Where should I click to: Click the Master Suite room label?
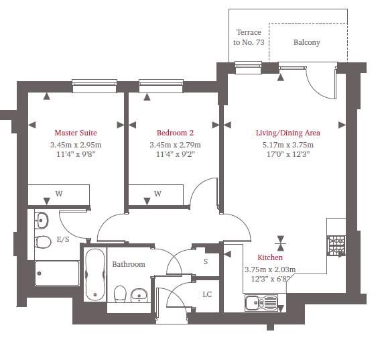(x=76, y=133)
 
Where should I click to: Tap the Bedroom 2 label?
(x=175, y=133)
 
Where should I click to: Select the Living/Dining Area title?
(x=287, y=133)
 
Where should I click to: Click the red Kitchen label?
(x=270, y=257)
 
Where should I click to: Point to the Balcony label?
(x=307, y=42)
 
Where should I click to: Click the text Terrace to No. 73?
(x=249, y=38)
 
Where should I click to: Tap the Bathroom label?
(x=129, y=264)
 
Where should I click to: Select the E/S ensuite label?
(x=63, y=239)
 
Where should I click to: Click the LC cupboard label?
(x=207, y=294)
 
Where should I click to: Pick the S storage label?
(x=206, y=261)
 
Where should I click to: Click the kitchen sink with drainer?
(x=261, y=302)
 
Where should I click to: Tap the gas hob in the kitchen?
(x=336, y=245)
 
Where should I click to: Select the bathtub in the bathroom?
(x=95, y=274)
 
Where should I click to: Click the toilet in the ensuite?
(x=43, y=242)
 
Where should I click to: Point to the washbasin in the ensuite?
(x=41, y=221)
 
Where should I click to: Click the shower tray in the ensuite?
(x=57, y=274)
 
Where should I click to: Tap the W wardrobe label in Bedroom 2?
(x=157, y=194)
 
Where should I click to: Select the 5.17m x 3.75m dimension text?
(x=287, y=145)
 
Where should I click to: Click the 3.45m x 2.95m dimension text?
(x=76, y=145)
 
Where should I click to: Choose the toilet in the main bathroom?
(x=120, y=294)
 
